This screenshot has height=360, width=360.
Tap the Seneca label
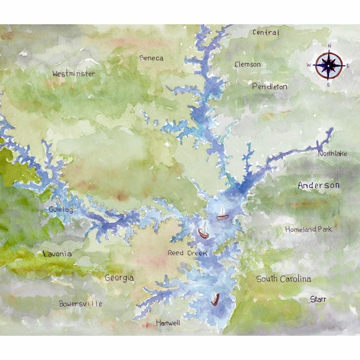151,58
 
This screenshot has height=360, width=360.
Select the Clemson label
248,64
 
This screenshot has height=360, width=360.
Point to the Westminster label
74,74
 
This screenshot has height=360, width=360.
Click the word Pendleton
269,87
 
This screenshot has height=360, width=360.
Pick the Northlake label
332,154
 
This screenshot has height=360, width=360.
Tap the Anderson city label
319,185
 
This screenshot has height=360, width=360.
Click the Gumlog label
62,210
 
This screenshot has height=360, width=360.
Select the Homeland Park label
308,229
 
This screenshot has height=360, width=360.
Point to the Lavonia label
58,254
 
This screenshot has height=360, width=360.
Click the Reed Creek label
187,254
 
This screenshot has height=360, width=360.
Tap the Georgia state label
119,278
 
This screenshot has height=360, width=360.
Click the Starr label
318,299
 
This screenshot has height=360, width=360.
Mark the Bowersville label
80,304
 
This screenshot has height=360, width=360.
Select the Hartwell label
168,323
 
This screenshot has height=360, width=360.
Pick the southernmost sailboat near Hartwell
215,299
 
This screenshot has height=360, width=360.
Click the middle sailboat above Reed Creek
203,230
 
